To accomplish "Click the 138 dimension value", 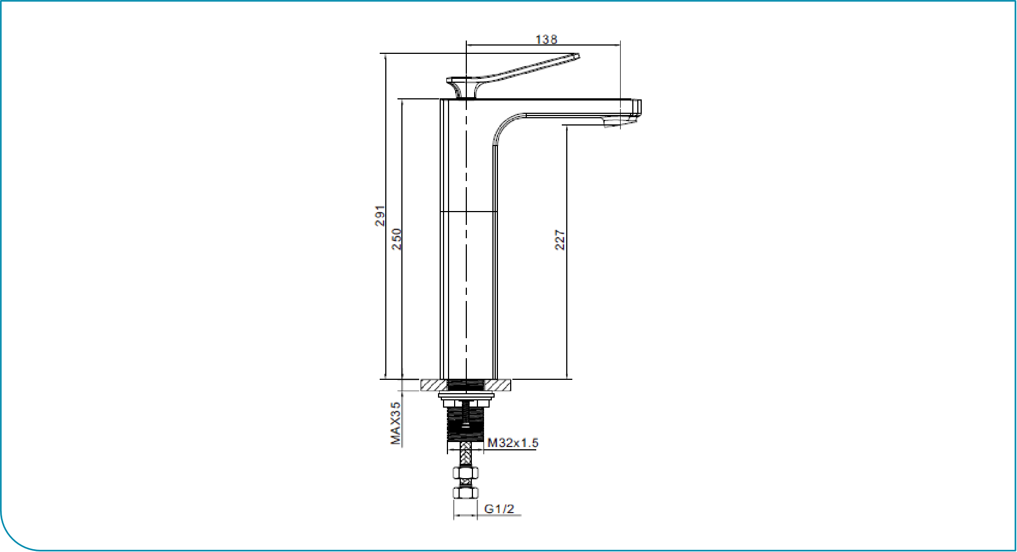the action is click(x=546, y=39).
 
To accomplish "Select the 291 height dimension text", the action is click(x=380, y=215).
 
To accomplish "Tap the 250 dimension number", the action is click(x=396, y=239).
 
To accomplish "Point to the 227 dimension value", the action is click(x=560, y=240).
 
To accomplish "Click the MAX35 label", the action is click(x=395, y=424).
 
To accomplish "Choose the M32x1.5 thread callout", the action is click(x=513, y=443).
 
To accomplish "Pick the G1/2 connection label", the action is click(x=499, y=509).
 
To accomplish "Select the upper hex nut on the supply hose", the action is click(x=466, y=473).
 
